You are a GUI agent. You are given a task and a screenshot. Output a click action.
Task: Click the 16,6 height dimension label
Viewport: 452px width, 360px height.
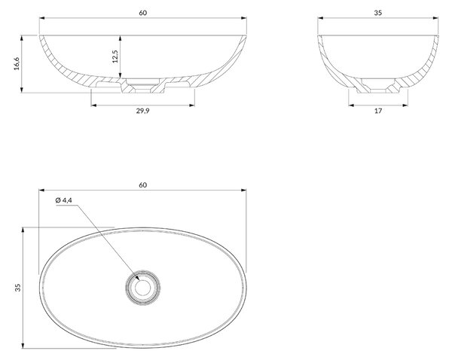tap(17, 63)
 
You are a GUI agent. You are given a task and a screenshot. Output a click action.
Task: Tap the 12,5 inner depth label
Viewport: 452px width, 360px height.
tap(115, 56)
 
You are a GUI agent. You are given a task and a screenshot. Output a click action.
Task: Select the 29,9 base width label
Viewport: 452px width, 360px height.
tap(142, 111)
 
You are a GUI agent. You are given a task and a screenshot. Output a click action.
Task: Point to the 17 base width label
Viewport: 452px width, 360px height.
tap(378, 111)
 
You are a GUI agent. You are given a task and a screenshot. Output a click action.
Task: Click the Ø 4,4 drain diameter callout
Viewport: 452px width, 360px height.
tap(64, 200)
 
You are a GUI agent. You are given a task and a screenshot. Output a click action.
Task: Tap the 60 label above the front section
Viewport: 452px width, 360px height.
tap(142, 13)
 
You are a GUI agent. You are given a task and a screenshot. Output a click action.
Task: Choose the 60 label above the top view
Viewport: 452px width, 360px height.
tap(142, 185)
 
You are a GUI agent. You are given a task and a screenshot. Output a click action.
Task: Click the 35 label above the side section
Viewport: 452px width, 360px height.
tap(378, 13)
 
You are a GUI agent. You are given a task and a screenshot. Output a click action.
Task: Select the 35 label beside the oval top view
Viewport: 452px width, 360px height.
tap(18, 288)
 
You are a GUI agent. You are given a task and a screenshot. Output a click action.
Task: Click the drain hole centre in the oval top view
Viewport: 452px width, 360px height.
tap(142, 288)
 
